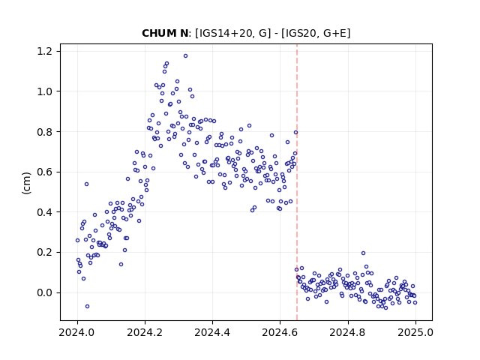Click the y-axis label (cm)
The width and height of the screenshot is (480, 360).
pyautogui.click(x=27, y=183)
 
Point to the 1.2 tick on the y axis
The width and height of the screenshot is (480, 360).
pyautogui.click(x=45, y=51)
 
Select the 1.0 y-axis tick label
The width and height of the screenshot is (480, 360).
pyautogui.click(x=45, y=91)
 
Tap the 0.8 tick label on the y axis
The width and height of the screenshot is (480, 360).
pyautogui.click(x=45, y=132)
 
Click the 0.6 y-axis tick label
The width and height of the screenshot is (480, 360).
pyautogui.click(x=45, y=172)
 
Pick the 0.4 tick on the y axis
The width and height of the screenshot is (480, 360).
pyautogui.click(x=45, y=212)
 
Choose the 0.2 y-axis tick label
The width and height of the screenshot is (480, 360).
pyautogui.click(x=45, y=253)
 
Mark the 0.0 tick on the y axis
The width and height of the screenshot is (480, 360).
pyautogui.click(x=45, y=293)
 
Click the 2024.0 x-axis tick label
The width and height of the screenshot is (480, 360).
pyautogui.click(x=77, y=332)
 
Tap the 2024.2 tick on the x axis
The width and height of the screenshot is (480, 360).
pyautogui.click(x=145, y=332)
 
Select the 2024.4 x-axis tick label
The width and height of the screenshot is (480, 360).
pyautogui.click(x=212, y=332)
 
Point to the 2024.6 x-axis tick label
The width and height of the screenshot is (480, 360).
pyautogui.click(x=280, y=332)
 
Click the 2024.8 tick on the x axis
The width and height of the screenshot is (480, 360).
pyautogui.click(x=348, y=332)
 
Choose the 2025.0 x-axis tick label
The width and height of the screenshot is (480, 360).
pyautogui.click(x=415, y=332)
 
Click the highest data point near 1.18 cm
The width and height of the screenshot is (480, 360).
pyautogui.click(x=185, y=56)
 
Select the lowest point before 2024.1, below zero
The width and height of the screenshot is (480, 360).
pyautogui.click(x=87, y=307)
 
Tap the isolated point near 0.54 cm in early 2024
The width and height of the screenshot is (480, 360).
pyautogui.click(x=87, y=184)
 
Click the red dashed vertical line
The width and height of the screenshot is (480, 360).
pyautogui.click(x=297, y=182)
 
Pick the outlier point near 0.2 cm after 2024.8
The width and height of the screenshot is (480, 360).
pyautogui.click(x=363, y=253)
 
